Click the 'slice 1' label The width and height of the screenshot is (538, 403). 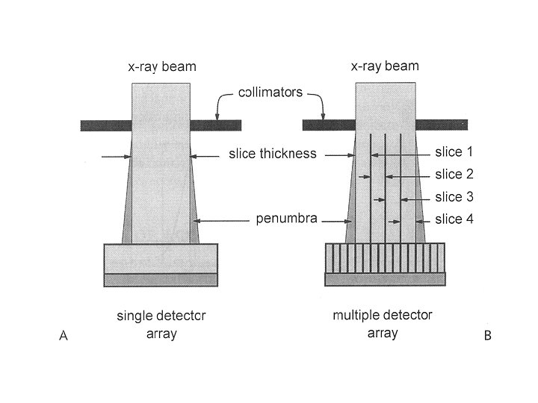tap(454, 152)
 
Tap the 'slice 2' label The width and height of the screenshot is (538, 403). tap(454, 175)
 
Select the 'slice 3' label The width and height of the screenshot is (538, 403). tap(454, 197)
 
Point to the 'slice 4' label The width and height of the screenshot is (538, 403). tap(454, 219)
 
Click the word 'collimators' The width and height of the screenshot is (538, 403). tap(270, 93)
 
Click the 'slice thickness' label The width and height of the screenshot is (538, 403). tap(272, 154)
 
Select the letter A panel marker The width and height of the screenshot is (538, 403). tap(64, 336)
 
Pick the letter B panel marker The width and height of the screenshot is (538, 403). tap(488, 336)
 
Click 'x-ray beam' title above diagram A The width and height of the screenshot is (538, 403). tap(161, 66)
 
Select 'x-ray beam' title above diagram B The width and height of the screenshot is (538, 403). tap(385, 66)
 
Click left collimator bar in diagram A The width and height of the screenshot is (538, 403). tap(105, 125)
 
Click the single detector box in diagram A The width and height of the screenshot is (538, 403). tap(161, 258)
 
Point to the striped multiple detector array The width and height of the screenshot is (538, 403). tap(385, 258)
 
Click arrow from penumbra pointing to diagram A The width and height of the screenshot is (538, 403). tap(224, 220)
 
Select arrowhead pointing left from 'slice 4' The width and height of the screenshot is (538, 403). tap(419, 221)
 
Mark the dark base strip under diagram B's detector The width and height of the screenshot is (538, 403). tap(385, 279)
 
